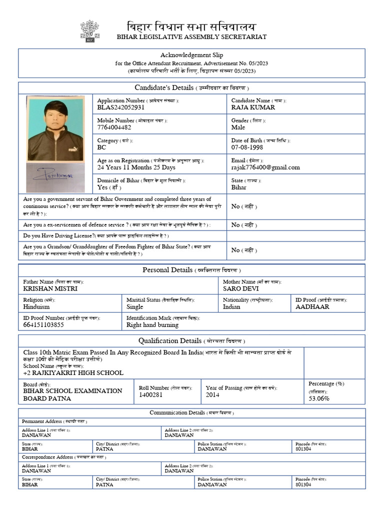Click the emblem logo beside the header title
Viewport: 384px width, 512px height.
89,31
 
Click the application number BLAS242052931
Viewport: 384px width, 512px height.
121,107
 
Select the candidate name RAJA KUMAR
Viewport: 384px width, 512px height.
253,107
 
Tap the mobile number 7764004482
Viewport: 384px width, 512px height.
114,127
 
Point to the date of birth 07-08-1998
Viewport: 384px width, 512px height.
247,147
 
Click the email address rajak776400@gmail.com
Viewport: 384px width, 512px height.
265,167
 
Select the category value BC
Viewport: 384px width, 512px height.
101,147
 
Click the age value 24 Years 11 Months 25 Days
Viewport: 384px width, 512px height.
136,167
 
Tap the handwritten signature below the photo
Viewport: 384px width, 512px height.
53,176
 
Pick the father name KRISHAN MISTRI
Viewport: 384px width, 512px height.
50,288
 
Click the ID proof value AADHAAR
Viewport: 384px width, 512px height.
312,307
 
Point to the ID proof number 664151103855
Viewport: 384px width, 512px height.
43,325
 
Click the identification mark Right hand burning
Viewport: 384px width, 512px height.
152,325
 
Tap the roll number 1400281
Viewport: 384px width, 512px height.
151,395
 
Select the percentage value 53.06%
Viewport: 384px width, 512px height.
319,398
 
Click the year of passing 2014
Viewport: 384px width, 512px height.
212,395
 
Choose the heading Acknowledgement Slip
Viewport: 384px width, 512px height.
191,55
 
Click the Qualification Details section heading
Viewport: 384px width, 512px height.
191,341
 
